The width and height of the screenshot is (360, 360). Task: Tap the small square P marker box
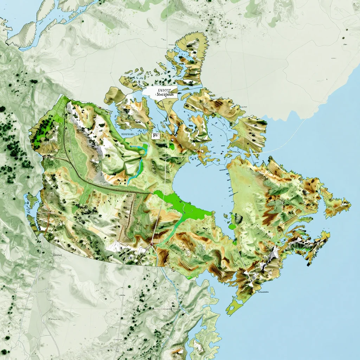pyautogui.click(x=155, y=135)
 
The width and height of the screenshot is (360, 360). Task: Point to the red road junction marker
pyautogui.click(x=152, y=243)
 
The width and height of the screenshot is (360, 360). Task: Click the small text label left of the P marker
pyautogui.click(x=128, y=134)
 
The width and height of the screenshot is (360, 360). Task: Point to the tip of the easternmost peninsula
pyautogui.click(x=350, y=203)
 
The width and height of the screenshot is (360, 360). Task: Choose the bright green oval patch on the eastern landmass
pyautogui.click(x=232, y=226)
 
